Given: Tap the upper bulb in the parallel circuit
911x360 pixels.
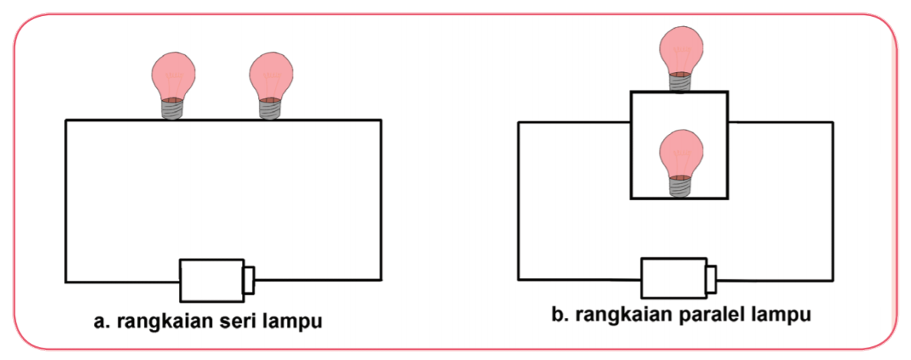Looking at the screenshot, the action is tap(681, 54).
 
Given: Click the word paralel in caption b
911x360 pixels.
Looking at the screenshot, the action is tap(705, 315).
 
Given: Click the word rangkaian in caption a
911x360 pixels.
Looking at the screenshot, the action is tap(160, 321).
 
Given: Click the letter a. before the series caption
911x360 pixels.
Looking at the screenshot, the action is tap(100, 321).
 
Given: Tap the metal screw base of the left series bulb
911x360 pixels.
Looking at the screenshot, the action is tap(172, 109).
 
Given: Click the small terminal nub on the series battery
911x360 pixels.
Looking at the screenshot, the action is tap(249, 280).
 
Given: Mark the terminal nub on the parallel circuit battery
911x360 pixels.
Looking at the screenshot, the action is tap(711, 277).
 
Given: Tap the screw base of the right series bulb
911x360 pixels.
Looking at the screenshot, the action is tap(269, 109).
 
